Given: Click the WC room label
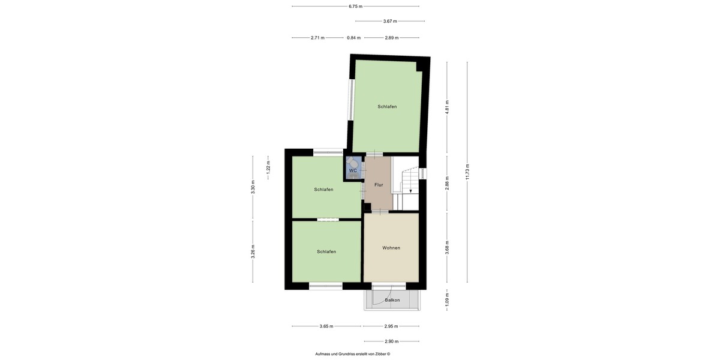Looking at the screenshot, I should pyautogui.click(x=353, y=171).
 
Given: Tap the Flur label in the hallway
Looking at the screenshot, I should pyautogui.click(x=379, y=185).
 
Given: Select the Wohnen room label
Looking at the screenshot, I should pyautogui.click(x=391, y=248).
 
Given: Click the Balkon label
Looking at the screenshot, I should pyautogui.click(x=392, y=300).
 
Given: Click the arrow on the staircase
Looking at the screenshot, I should pyautogui.click(x=410, y=191).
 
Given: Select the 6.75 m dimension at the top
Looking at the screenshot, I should pyautogui.click(x=355, y=6).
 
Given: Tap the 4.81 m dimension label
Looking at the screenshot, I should pyautogui.click(x=447, y=106).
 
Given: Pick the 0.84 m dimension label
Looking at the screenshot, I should pyautogui.click(x=354, y=38).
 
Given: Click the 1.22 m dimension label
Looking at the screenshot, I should pyautogui.click(x=268, y=166).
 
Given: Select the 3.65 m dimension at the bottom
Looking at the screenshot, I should pyautogui.click(x=326, y=326).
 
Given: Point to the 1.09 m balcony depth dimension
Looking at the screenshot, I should pyautogui.click(x=447, y=298).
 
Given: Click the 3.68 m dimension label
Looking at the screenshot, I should pyautogui.click(x=447, y=247).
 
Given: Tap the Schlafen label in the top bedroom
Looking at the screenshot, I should pyautogui.click(x=387, y=106).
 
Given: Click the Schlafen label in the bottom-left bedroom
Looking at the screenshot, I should pyautogui.click(x=326, y=251).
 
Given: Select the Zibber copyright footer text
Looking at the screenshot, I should pyautogui.click(x=353, y=353).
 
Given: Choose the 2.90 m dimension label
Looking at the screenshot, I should pyautogui.click(x=391, y=341).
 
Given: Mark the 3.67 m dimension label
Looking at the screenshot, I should pyautogui.click(x=390, y=21).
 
